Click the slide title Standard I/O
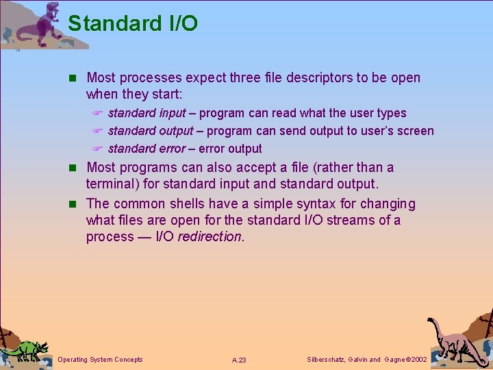point(133,23)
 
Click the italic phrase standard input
point(147,113)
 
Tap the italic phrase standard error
point(147,149)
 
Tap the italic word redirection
point(210,236)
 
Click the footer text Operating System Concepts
point(101,360)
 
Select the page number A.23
point(239,360)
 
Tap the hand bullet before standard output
point(97,132)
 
